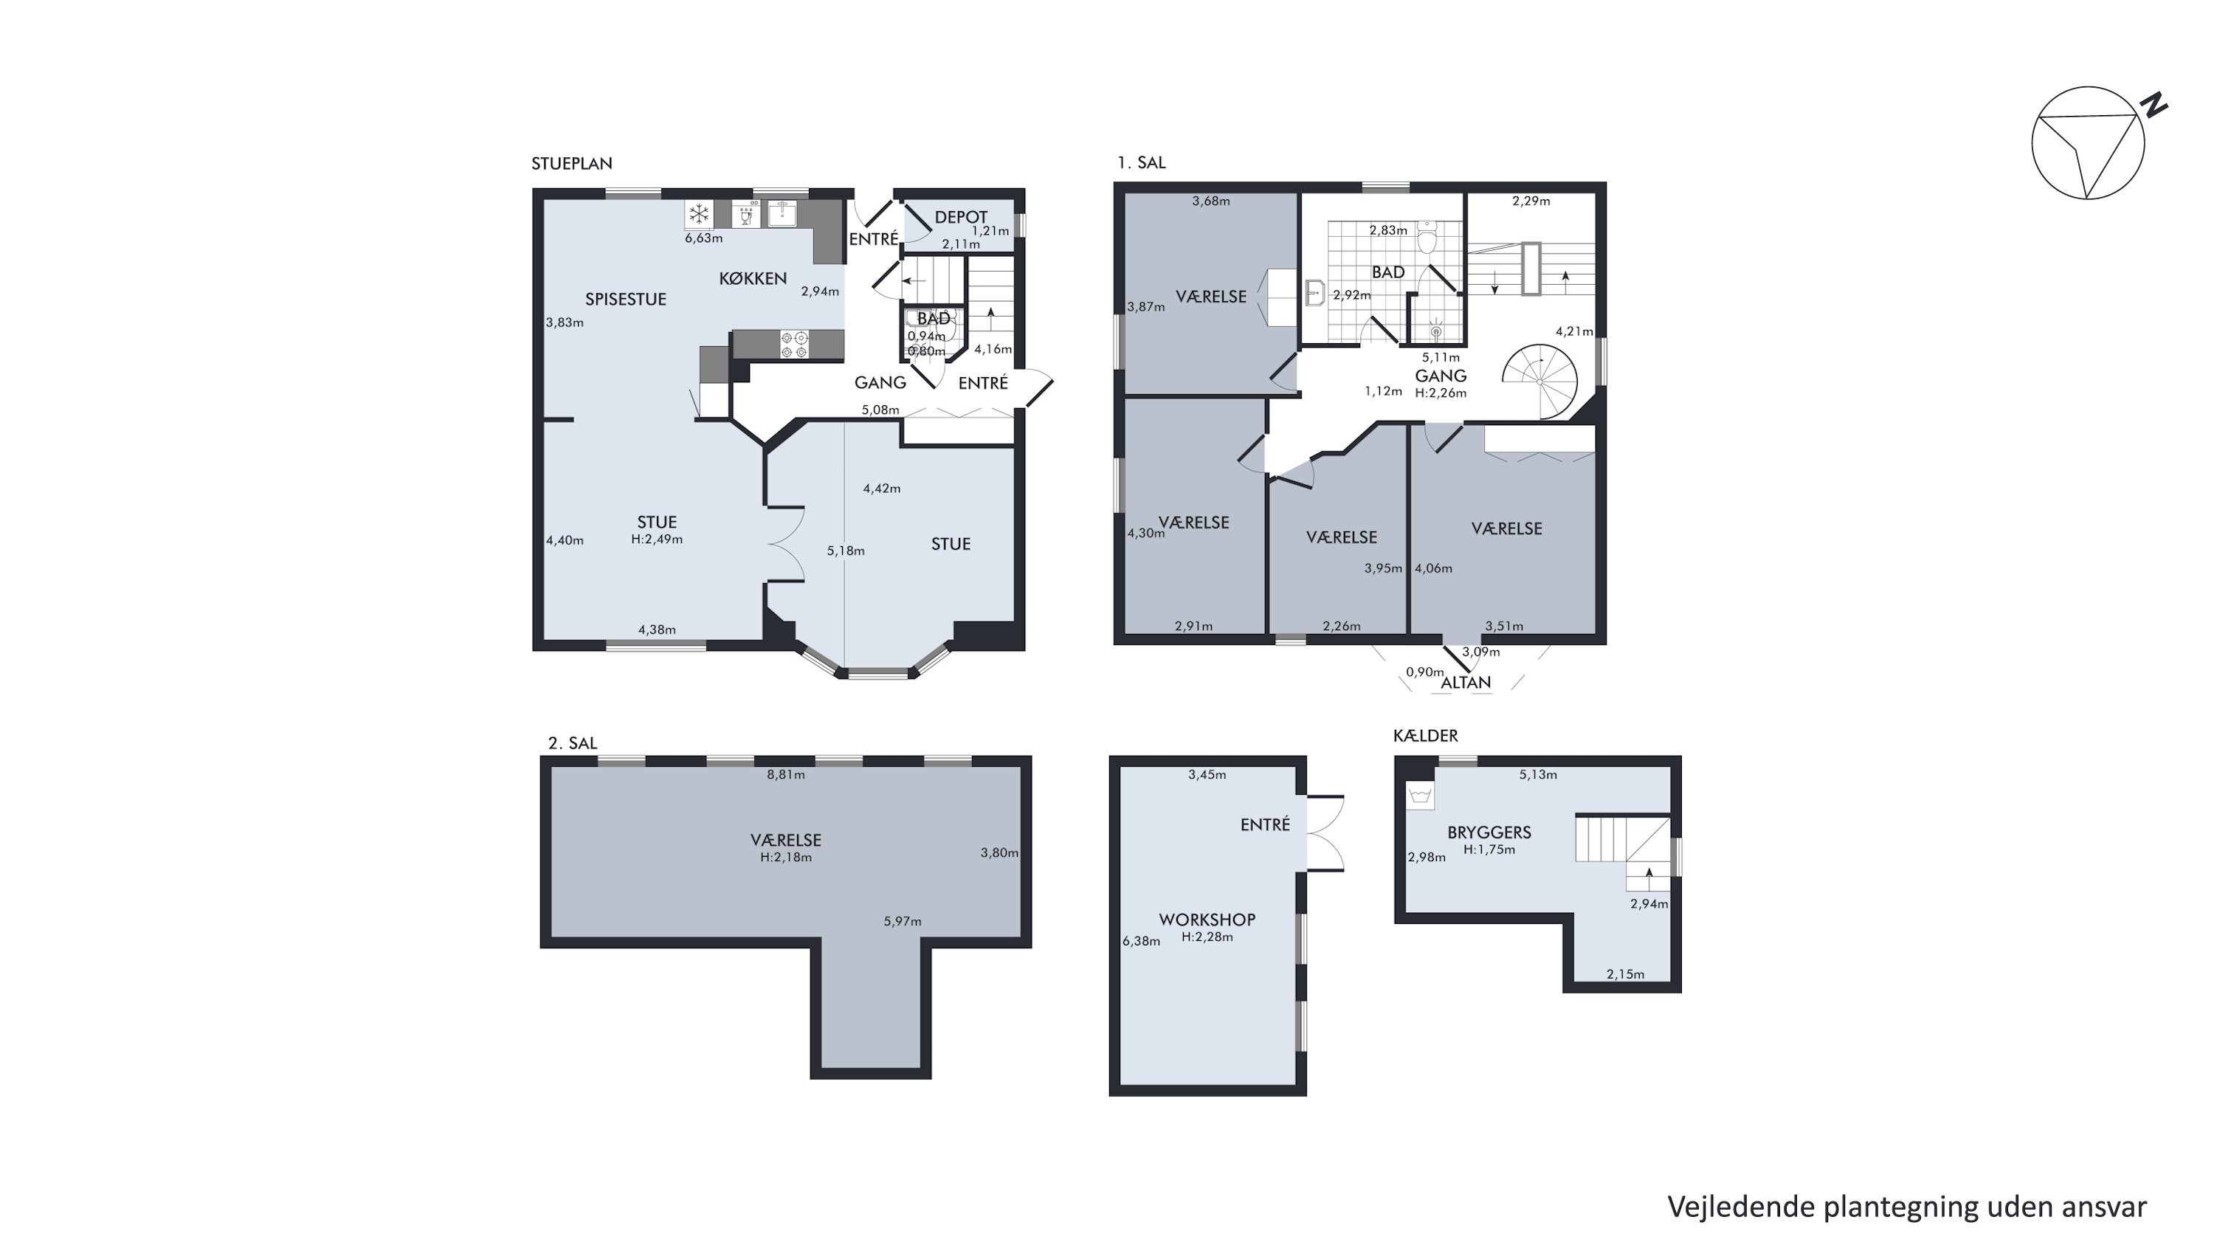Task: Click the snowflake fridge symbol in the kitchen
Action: (699, 213)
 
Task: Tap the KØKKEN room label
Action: (753, 278)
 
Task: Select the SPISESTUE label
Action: (626, 299)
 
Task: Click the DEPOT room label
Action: (961, 218)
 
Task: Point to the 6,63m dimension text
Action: (703, 238)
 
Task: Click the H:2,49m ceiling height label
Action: (657, 539)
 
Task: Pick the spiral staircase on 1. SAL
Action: (1541, 381)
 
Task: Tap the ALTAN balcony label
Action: (1466, 682)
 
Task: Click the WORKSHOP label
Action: (1207, 920)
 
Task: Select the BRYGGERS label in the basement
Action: (1489, 832)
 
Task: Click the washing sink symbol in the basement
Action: (1421, 796)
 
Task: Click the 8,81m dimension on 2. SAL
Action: (785, 774)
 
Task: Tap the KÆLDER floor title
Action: (1425, 736)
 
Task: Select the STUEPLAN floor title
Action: (571, 163)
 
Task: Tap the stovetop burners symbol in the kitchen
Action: (793, 345)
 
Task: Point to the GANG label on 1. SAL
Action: (1441, 376)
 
